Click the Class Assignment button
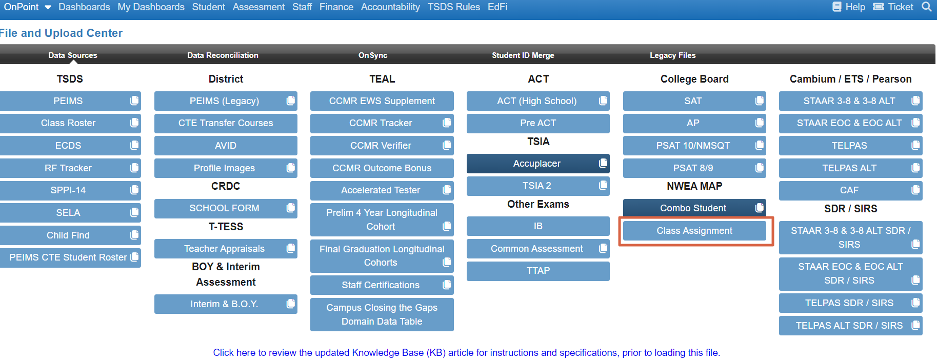(694, 231)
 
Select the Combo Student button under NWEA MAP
(693, 208)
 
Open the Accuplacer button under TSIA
(536, 164)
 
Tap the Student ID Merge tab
(523, 55)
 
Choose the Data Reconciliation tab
(223, 55)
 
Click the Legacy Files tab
(672, 55)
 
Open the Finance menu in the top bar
(336, 7)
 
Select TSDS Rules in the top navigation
(453, 7)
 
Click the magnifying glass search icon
(926, 7)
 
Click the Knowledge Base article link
(466, 353)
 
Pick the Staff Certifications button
(381, 285)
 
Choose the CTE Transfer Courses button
(226, 123)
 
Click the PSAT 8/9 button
(693, 168)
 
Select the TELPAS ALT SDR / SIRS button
(849, 326)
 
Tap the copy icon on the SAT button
(760, 101)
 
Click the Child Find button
(68, 235)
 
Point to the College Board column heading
(694, 79)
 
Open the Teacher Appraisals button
(224, 249)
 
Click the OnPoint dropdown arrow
(48, 7)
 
